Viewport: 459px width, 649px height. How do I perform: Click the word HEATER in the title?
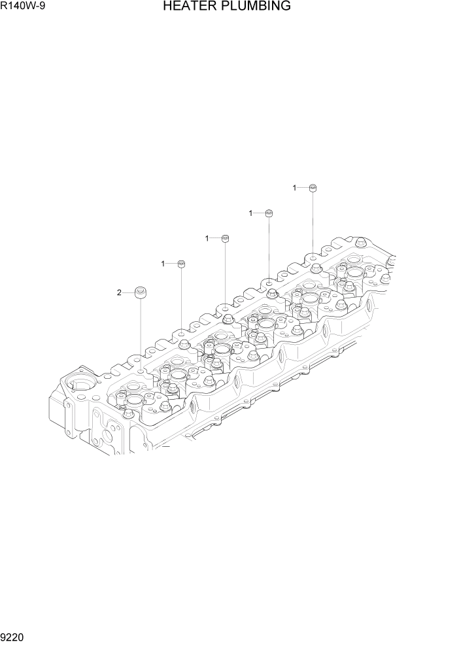[188, 7]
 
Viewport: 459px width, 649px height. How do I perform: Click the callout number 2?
[119, 293]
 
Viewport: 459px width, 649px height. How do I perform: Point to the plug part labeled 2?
[140, 293]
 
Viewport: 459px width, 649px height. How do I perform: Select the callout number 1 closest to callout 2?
[163, 264]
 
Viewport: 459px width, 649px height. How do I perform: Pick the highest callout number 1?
[295, 188]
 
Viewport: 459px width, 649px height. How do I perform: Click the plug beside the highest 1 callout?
[313, 188]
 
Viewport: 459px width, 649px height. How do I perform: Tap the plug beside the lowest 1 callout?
[182, 264]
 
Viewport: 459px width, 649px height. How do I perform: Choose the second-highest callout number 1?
[251, 213]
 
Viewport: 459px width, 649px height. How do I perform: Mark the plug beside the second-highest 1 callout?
[269, 213]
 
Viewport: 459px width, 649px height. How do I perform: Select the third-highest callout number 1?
[207, 238]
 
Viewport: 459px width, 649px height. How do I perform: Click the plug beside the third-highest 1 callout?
[226, 238]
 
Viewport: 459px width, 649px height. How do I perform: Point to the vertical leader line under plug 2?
[140, 334]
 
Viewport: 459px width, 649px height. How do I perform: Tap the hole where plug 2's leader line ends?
[140, 371]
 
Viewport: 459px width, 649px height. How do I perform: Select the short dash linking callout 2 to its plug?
[128, 293]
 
